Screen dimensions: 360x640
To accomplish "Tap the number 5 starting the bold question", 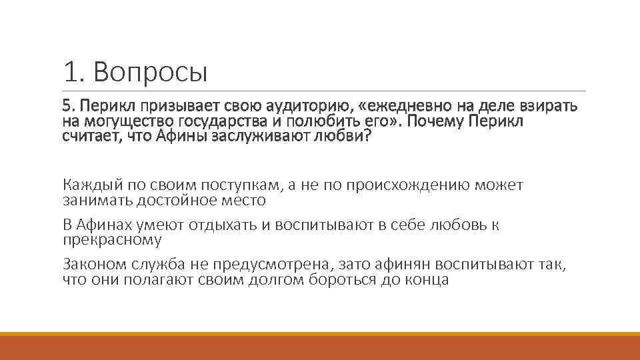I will click(66, 106).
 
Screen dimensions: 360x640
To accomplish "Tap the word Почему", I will click(437, 121).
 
